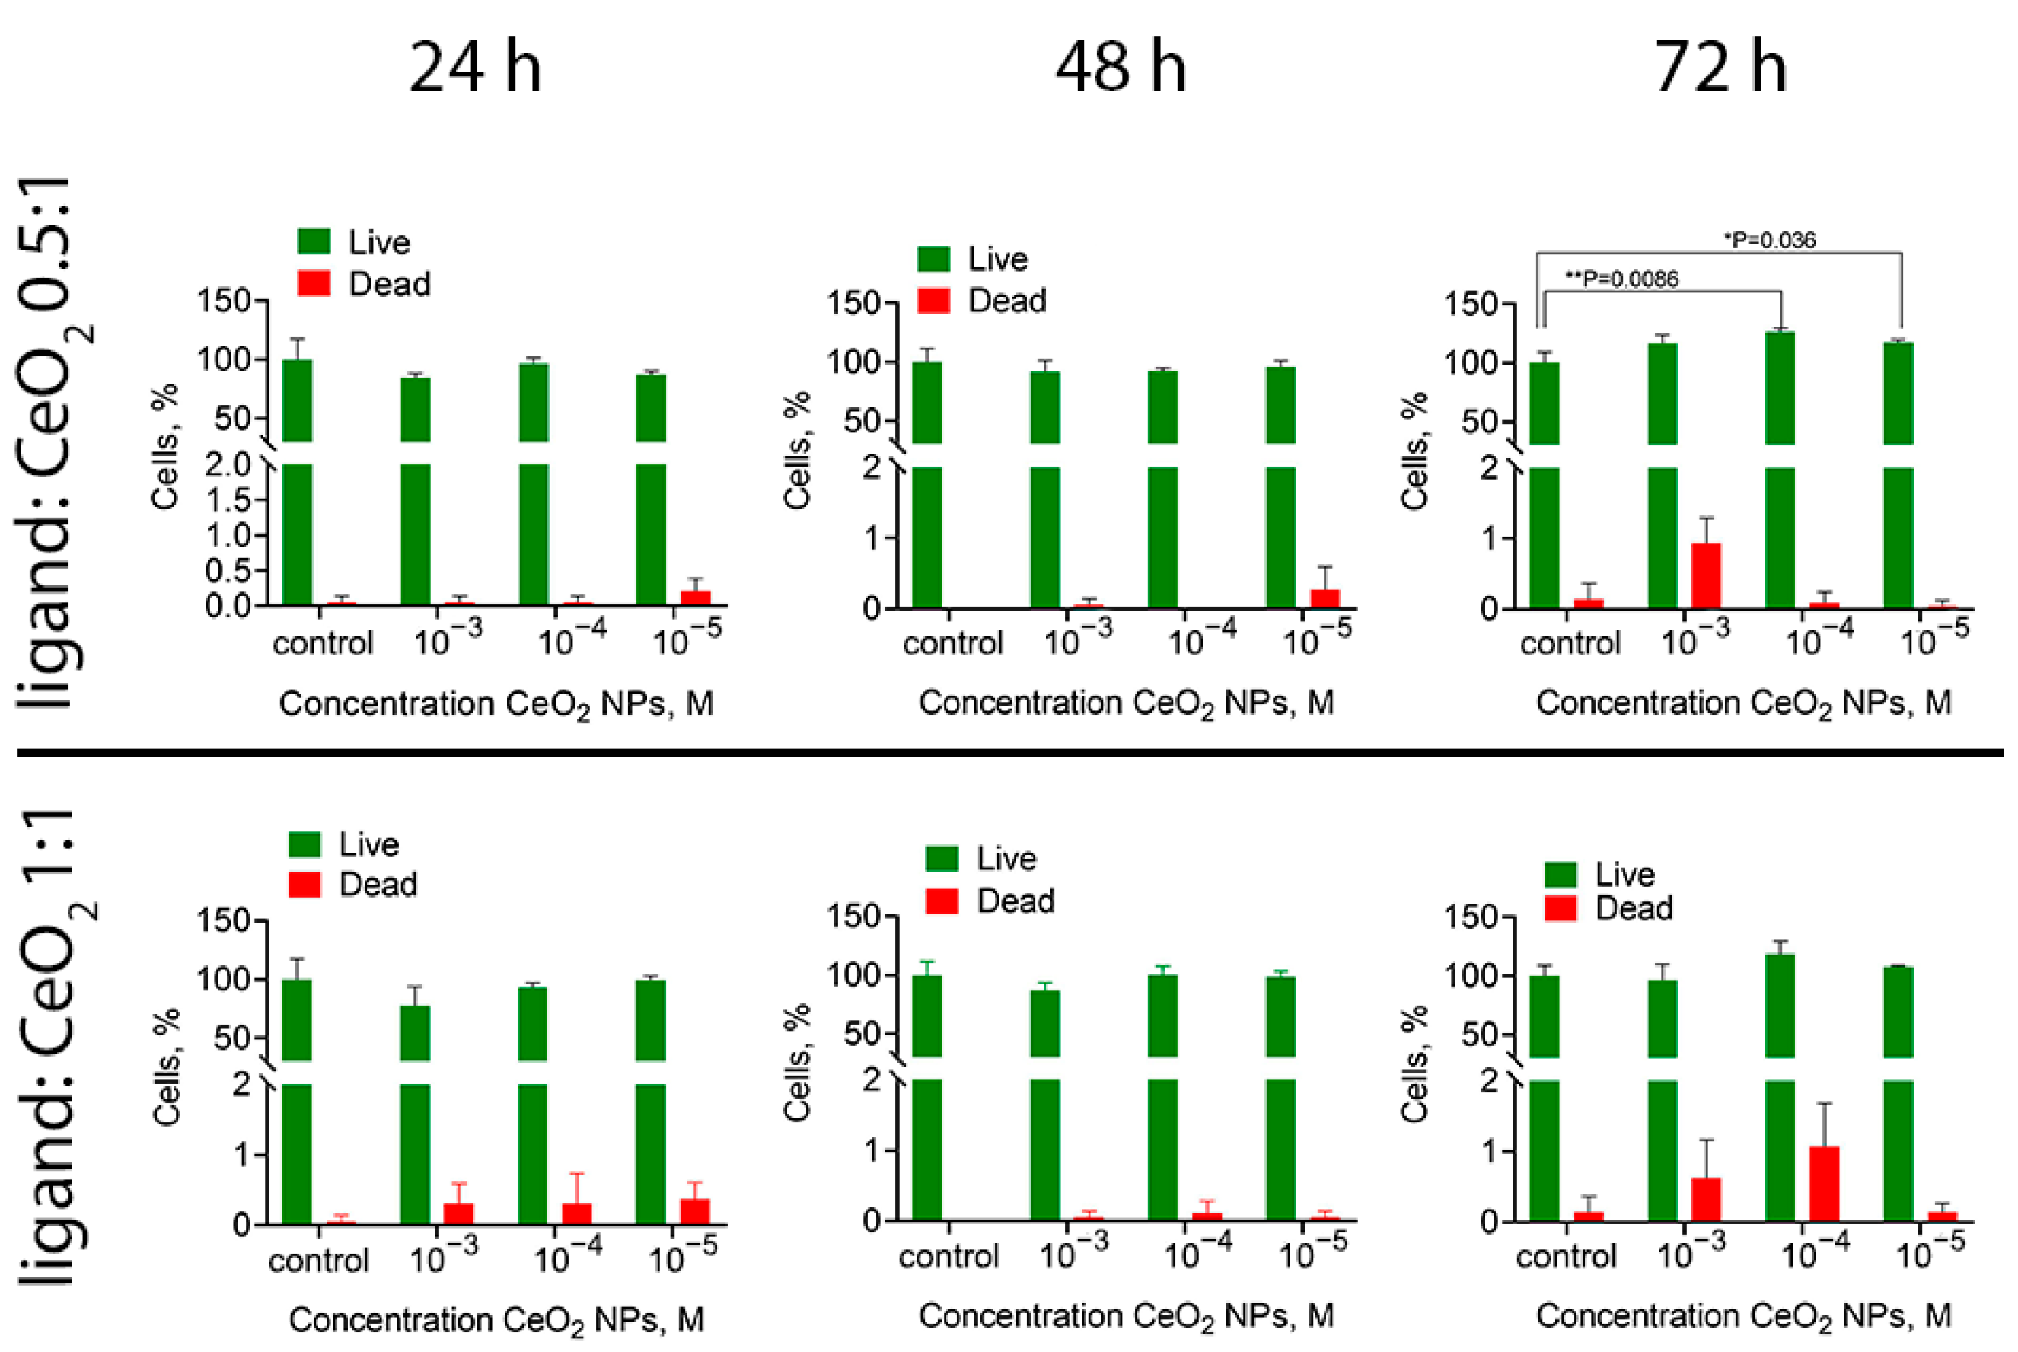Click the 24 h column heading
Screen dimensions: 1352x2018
(x=475, y=68)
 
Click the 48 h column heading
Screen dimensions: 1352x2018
(x=1120, y=68)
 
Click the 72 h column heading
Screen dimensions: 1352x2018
(x=1720, y=68)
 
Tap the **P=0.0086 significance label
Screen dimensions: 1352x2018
(x=1621, y=279)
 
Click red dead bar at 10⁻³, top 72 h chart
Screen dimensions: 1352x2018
(x=1705, y=575)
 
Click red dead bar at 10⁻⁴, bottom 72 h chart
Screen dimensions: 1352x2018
(x=1823, y=1183)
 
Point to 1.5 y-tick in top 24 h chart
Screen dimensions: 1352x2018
(x=228, y=500)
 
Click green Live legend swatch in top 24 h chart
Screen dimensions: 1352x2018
(x=314, y=241)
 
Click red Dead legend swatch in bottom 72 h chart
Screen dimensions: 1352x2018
(x=1560, y=909)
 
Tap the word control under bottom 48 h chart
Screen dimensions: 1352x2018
(x=948, y=1256)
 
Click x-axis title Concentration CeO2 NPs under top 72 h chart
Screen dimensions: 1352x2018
(x=1743, y=703)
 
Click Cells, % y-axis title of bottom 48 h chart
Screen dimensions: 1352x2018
(x=796, y=1062)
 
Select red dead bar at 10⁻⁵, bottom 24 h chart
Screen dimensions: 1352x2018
(x=695, y=1210)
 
